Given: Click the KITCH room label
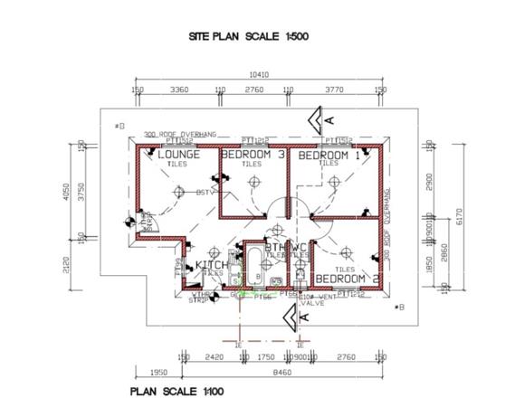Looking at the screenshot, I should (209, 265).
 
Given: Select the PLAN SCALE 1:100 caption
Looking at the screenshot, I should (176, 391).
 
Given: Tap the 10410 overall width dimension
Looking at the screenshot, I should (261, 75).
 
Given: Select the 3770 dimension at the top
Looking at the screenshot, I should (335, 90).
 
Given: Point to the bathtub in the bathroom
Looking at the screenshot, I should (255, 265).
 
